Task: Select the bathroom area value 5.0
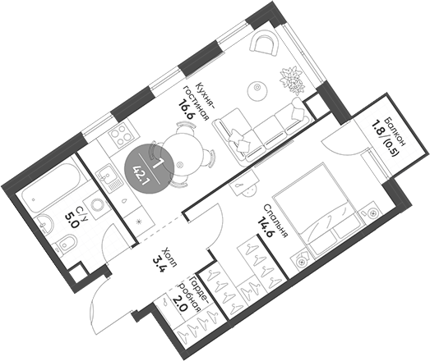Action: [x=72, y=219]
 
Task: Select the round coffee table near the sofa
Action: [x=257, y=85]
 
